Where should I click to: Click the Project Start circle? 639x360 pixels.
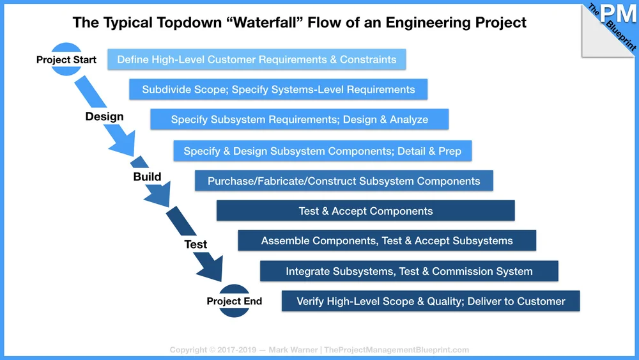pos(66,59)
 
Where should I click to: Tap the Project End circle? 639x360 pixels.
pos(235,301)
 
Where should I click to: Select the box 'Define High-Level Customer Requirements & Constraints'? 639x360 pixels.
pos(256,59)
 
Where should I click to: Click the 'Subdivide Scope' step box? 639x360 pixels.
pos(278,90)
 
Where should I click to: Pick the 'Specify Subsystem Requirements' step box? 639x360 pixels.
pos(299,120)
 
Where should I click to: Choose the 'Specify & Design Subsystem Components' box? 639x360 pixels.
pos(322,151)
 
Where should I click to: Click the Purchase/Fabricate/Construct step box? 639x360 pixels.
pos(344,181)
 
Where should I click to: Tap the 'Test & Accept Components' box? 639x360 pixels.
pos(366,211)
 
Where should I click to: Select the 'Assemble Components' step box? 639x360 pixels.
pos(387,241)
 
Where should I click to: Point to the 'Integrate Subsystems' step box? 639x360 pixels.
pos(409,271)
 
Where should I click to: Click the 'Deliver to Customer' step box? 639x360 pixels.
pos(431,301)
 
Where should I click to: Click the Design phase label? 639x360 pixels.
pos(104,117)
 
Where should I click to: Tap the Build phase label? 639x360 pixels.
pos(147,176)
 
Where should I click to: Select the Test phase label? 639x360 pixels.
pos(196,244)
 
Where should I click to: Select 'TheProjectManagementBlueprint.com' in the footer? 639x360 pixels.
pos(396,350)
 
